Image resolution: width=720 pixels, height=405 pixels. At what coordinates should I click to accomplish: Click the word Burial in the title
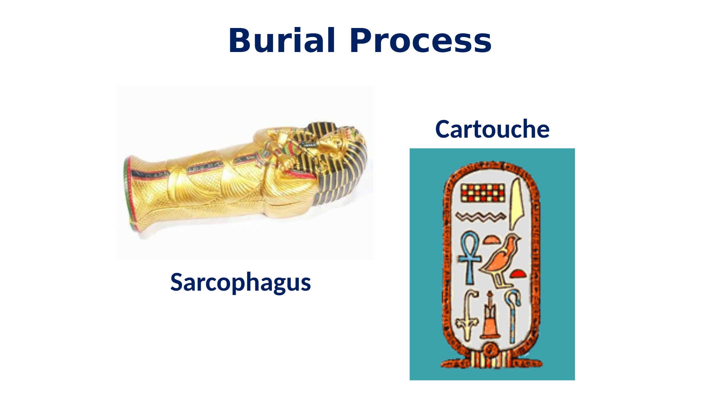tap(282, 40)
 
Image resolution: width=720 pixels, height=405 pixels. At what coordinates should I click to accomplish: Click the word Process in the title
tap(421, 40)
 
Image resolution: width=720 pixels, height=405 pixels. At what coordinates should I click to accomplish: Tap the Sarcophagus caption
tap(241, 282)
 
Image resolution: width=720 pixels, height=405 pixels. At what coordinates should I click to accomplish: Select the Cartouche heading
tap(492, 129)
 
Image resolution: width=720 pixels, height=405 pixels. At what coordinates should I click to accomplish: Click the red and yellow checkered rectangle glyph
tap(483, 193)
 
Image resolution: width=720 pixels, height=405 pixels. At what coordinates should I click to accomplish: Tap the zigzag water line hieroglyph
tap(480, 217)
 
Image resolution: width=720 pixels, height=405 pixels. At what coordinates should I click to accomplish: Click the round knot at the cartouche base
tap(491, 350)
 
